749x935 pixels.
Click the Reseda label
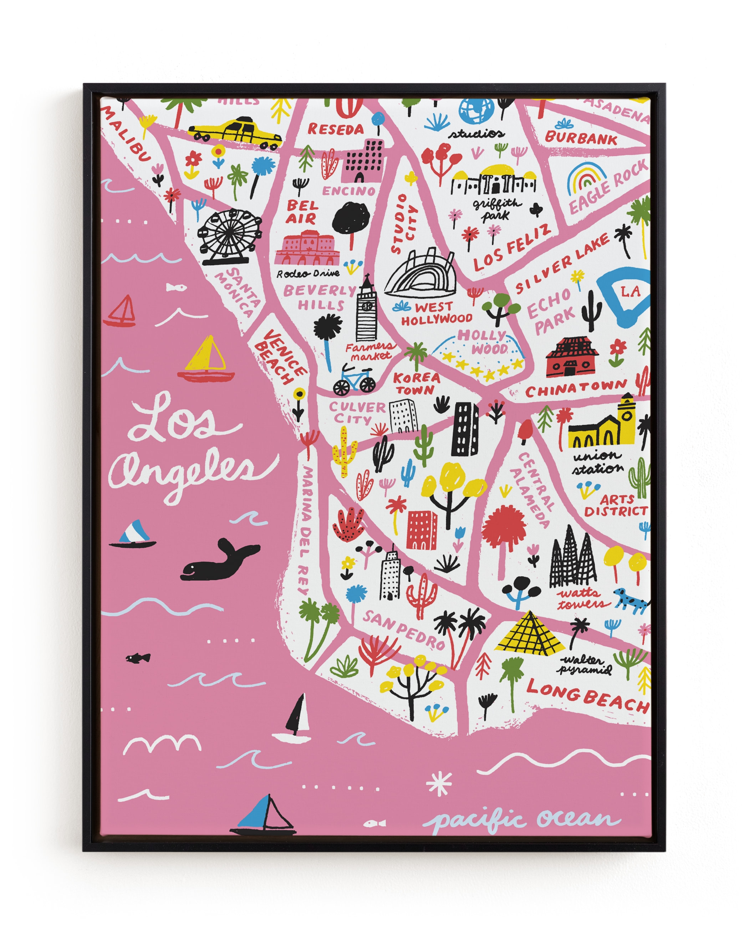[335, 129]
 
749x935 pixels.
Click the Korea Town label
[416, 383]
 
